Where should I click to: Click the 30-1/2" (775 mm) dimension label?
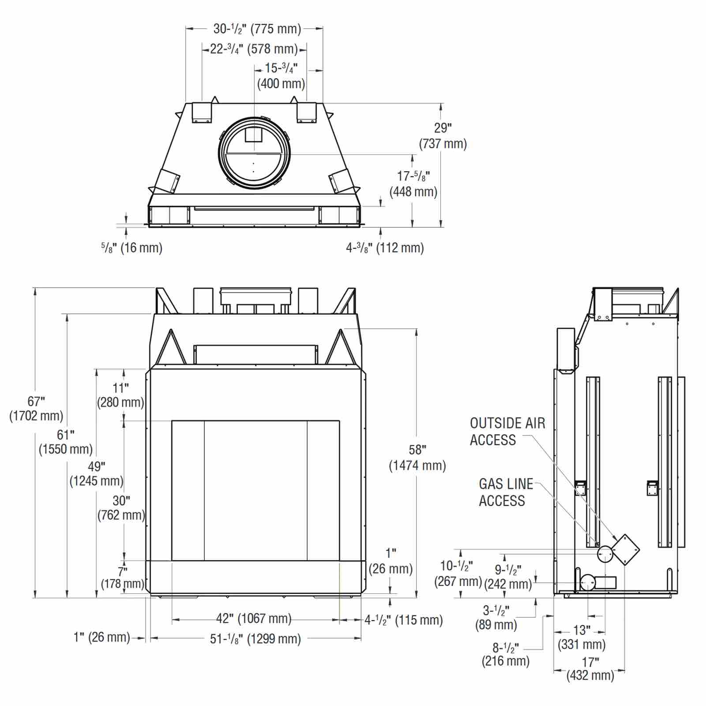(x=257, y=29)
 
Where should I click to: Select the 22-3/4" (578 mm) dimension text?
(x=254, y=49)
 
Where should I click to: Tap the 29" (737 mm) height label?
(x=443, y=136)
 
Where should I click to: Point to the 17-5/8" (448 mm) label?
(x=413, y=184)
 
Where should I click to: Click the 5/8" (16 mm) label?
(x=131, y=248)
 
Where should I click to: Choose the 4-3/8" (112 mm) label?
(x=385, y=248)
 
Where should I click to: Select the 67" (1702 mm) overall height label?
(x=36, y=409)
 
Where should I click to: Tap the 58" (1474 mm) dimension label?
(x=417, y=458)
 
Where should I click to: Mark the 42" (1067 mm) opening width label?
(x=254, y=619)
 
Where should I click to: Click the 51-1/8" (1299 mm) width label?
(x=255, y=638)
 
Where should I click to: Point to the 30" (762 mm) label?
(x=121, y=508)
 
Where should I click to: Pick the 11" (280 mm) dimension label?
(x=120, y=395)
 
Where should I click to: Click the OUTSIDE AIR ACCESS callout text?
(x=507, y=432)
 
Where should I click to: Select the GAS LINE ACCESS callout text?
(x=506, y=492)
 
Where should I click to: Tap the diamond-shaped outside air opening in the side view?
(x=625, y=550)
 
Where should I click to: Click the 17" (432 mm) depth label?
(x=590, y=669)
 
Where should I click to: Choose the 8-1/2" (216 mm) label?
(x=506, y=654)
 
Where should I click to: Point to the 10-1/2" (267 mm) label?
(x=458, y=574)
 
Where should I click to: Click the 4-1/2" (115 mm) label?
(x=403, y=620)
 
